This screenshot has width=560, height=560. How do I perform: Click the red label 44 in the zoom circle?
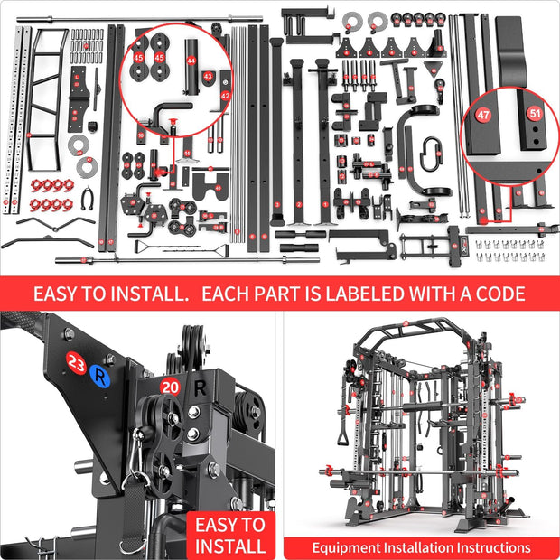pos(191,60)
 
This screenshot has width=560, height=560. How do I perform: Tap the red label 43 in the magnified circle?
pos(208,78)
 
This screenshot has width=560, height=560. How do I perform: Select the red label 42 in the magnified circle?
pos(226,95)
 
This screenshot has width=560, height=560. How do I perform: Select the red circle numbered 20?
pos(169,387)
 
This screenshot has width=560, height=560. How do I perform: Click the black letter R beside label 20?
pos(201,389)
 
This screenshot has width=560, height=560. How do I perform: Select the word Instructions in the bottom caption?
pos(488,547)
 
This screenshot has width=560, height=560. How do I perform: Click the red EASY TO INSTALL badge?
pos(232,535)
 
